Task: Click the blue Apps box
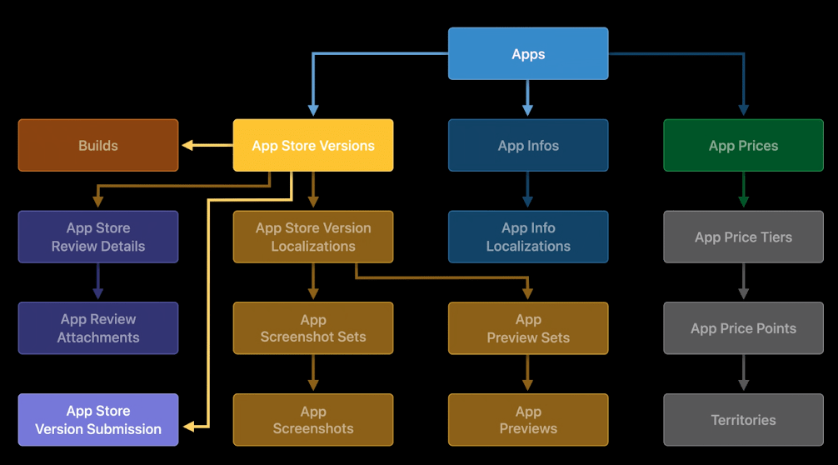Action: (528, 54)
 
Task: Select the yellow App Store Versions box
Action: (312, 146)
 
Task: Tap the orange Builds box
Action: (98, 146)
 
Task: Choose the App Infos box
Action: (528, 146)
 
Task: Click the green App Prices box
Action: (743, 146)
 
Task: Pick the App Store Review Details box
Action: (98, 237)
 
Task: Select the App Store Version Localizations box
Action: (312, 237)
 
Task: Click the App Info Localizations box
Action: (528, 237)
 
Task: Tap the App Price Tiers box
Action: (743, 237)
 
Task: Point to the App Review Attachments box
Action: (98, 328)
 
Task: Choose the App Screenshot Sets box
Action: (312, 328)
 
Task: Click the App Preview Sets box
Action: (528, 328)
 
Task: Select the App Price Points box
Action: (743, 328)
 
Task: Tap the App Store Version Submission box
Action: (98, 420)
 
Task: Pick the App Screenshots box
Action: (312, 420)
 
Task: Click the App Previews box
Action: (528, 420)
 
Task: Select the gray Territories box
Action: (743, 420)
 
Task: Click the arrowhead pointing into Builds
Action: (188, 146)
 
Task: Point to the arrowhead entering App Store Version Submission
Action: (189, 427)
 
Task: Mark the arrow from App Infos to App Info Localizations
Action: (527, 191)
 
